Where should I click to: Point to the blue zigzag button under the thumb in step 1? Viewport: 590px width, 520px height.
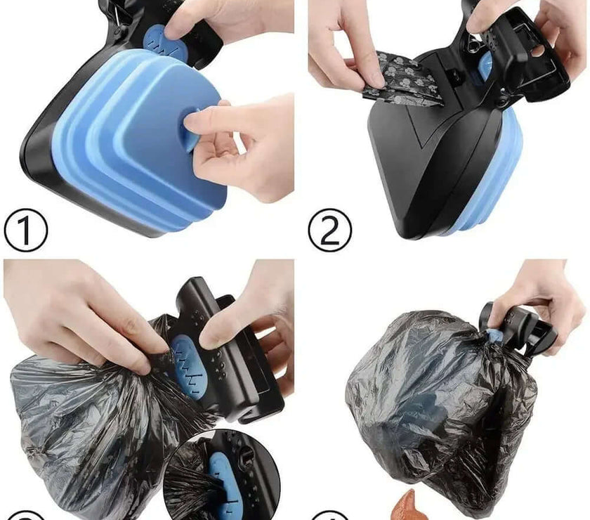pos(158,41)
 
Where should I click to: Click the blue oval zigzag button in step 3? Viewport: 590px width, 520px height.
pos(186,365)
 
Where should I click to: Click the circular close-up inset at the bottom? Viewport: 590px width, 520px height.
pos(221,478)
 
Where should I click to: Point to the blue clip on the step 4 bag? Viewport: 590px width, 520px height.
pos(496,336)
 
